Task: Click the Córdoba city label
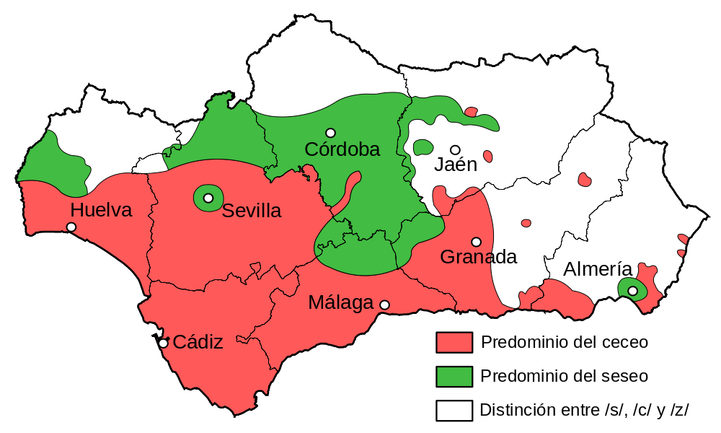coord(342,149)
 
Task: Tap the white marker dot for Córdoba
coord(330,133)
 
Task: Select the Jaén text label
coord(456,165)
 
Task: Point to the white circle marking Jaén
coord(455,149)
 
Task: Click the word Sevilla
coord(251,211)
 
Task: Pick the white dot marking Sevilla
coord(208,198)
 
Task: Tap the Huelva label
coord(102,211)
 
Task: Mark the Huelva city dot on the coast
coord(71,227)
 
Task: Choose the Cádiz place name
coord(198,343)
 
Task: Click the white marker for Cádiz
coord(163,344)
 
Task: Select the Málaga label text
coord(340,303)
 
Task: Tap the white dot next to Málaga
coord(384,305)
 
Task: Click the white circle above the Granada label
coord(476,242)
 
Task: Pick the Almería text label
coord(598,270)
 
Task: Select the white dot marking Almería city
coord(632,291)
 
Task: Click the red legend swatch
coord(454,342)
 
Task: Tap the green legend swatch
coord(454,377)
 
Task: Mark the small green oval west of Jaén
coord(423,148)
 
